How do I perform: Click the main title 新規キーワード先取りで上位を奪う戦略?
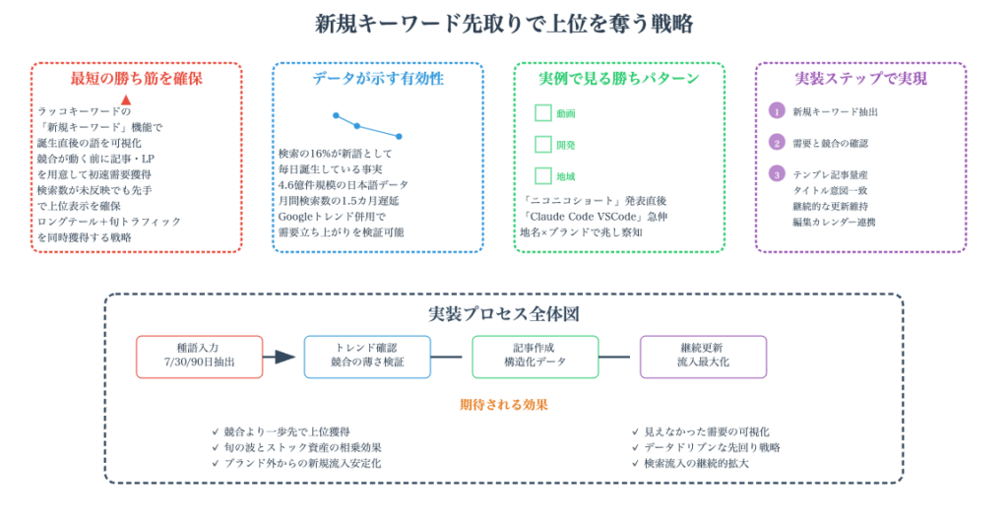[503, 24]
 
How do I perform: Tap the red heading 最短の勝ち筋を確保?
[136, 79]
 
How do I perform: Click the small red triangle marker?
[126, 99]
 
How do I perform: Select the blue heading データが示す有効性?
[378, 79]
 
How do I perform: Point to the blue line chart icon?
[367, 125]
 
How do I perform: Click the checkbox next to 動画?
[543, 113]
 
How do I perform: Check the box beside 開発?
[543, 145]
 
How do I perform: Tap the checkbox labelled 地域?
[543, 176]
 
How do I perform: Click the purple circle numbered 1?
[777, 111]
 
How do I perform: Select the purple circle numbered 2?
[777, 143]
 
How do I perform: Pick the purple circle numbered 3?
[777, 174]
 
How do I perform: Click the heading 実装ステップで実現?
[860, 79]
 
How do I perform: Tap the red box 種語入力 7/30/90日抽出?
[200, 357]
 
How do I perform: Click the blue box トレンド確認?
[367, 357]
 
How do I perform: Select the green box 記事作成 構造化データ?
[535, 357]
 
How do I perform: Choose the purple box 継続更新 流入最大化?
[703, 357]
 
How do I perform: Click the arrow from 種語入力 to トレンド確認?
[283, 357]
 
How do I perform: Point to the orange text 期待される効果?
[503, 405]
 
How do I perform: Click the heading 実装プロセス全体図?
[503, 314]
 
